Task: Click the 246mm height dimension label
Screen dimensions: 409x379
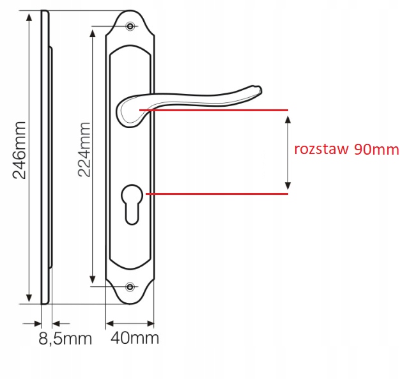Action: point(19,150)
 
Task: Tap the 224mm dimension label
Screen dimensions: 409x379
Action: point(84,150)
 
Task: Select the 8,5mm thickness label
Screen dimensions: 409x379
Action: point(65,339)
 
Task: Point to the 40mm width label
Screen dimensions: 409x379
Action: point(135,338)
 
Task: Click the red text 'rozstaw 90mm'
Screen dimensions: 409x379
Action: point(346,149)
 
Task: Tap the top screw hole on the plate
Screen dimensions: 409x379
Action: point(130,26)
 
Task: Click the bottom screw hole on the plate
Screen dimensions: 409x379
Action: point(130,287)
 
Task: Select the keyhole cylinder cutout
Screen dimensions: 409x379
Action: point(132,205)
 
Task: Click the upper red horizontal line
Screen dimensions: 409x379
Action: point(213,110)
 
